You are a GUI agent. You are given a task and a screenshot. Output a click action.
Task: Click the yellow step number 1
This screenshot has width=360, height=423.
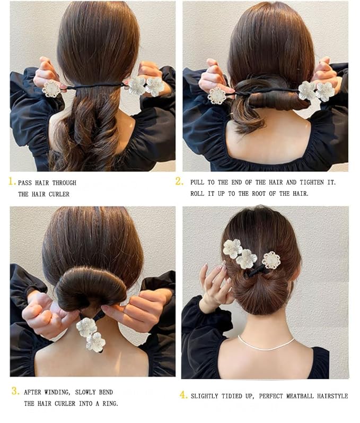point(12,182)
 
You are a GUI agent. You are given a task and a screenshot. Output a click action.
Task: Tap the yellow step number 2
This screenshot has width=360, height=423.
point(179,182)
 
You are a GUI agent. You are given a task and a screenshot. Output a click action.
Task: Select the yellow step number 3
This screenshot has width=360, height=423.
point(15,391)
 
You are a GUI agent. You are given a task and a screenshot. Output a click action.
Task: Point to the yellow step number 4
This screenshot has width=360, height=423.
point(184,395)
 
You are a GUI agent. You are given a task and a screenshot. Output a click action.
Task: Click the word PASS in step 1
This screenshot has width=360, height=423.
point(25,183)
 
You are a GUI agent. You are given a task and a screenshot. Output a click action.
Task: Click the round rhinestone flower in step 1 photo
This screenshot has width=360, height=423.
point(52,88)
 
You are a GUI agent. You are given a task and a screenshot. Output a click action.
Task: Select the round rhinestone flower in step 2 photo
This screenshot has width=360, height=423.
point(217,96)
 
